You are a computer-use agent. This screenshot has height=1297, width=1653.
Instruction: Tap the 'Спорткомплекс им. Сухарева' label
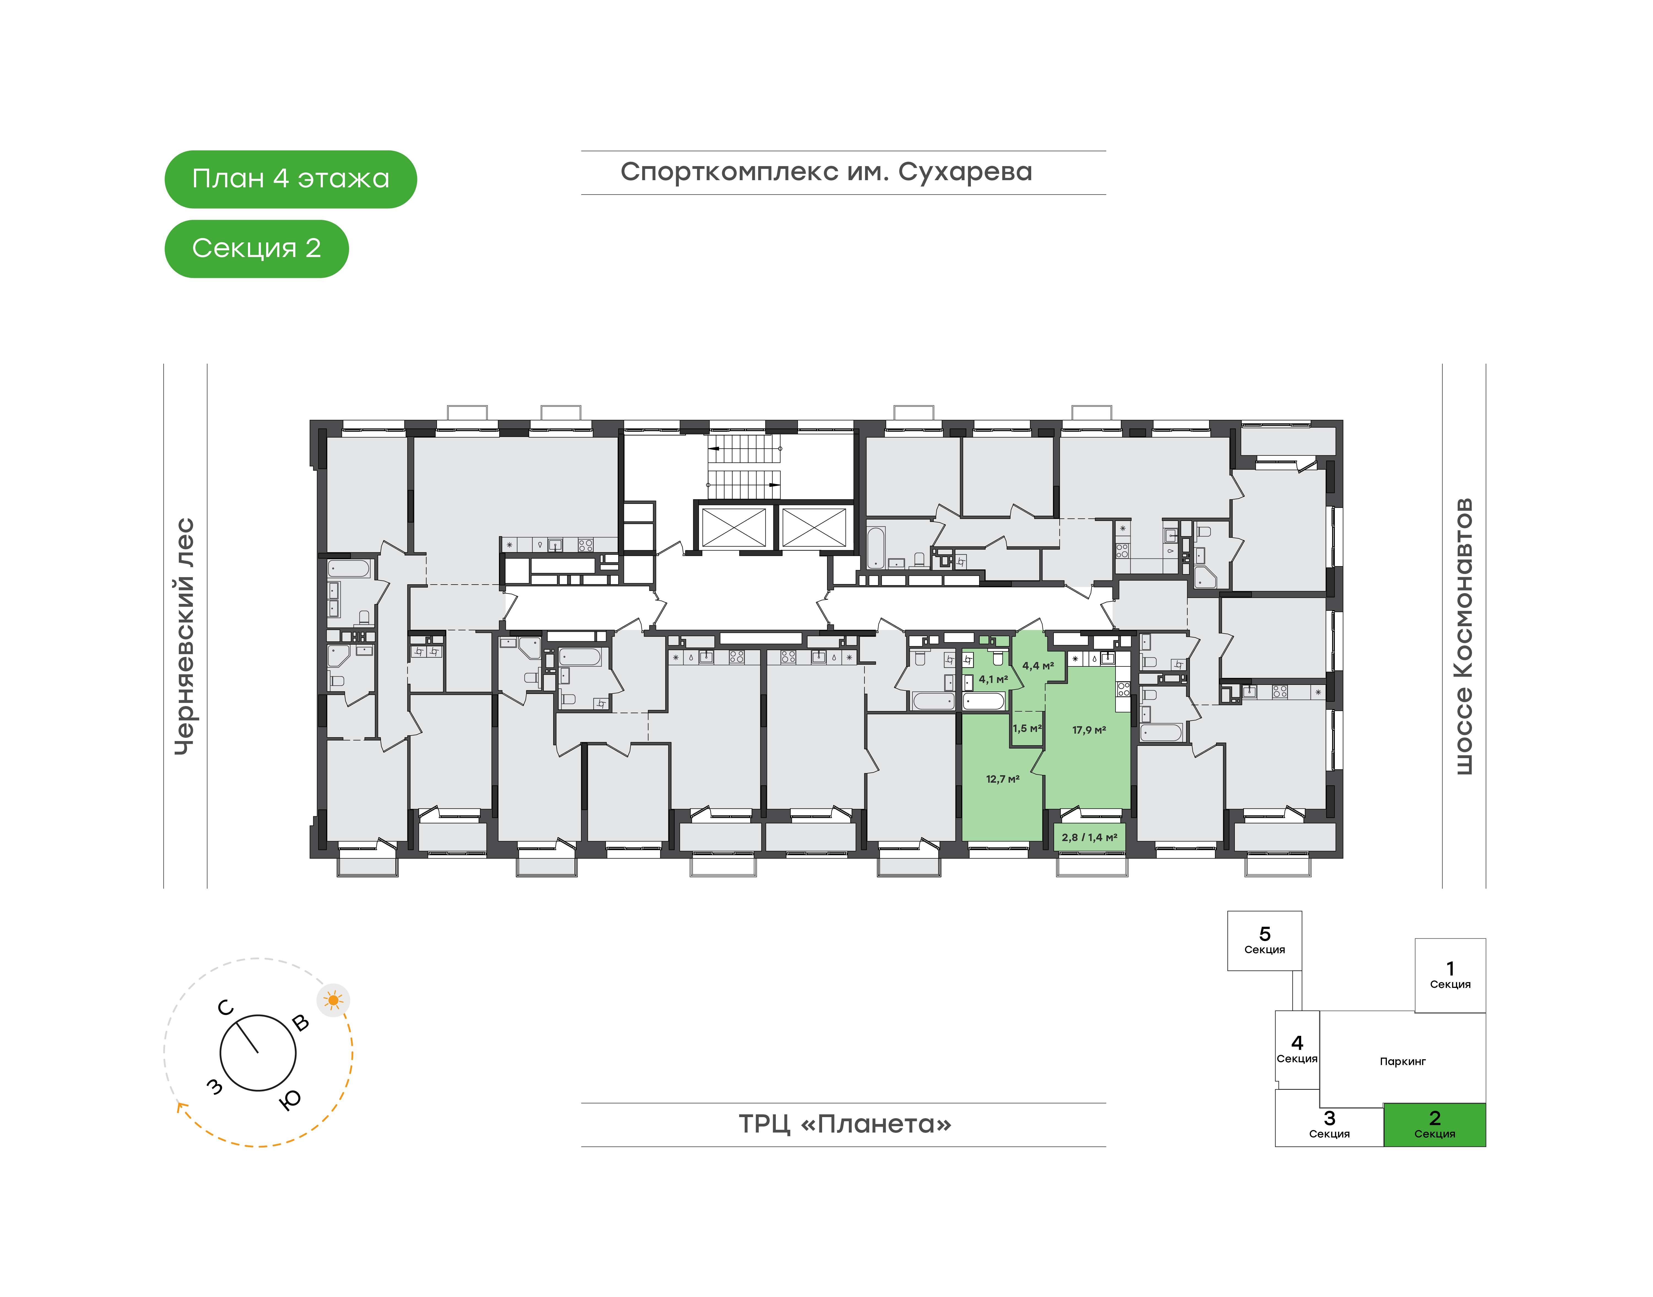pyautogui.click(x=826, y=172)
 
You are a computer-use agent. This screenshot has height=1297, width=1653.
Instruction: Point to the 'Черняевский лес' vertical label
pyautogui.click(x=185, y=636)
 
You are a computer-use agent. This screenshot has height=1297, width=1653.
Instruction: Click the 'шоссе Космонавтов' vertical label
pyautogui.click(x=1463, y=636)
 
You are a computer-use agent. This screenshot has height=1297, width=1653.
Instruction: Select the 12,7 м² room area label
pyautogui.click(x=1002, y=779)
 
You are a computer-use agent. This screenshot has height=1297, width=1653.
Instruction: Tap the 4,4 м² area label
pyautogui.click(x=1038, y=666)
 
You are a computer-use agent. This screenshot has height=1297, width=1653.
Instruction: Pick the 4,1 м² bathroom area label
pyautogui.click(x=993, y=680)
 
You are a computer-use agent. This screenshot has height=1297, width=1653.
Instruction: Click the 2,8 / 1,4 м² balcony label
pyautogui.click(x=1090, y=837)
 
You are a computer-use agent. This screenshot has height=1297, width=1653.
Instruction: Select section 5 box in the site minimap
pyautogui.click(x=1264, y=941)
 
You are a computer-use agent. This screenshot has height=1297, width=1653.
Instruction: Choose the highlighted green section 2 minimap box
pyautogui.click(x=1434, y=1125)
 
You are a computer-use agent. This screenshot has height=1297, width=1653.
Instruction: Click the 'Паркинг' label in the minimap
pyautogui.click(x=1402, y=1062)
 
